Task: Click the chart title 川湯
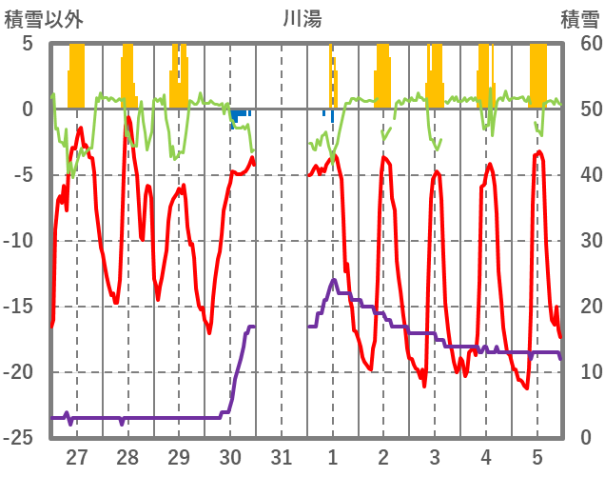(302, 18)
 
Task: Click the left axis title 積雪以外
(44, 18)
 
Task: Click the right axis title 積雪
(579, 18)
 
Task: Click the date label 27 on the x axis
(77, 456)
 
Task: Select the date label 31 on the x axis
(282, 456)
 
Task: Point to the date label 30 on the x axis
(230, 456)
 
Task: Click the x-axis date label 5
(537, 456)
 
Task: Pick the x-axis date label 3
(435, 456)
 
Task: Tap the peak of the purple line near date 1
(334, 281)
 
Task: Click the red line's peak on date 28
(127, 119)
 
